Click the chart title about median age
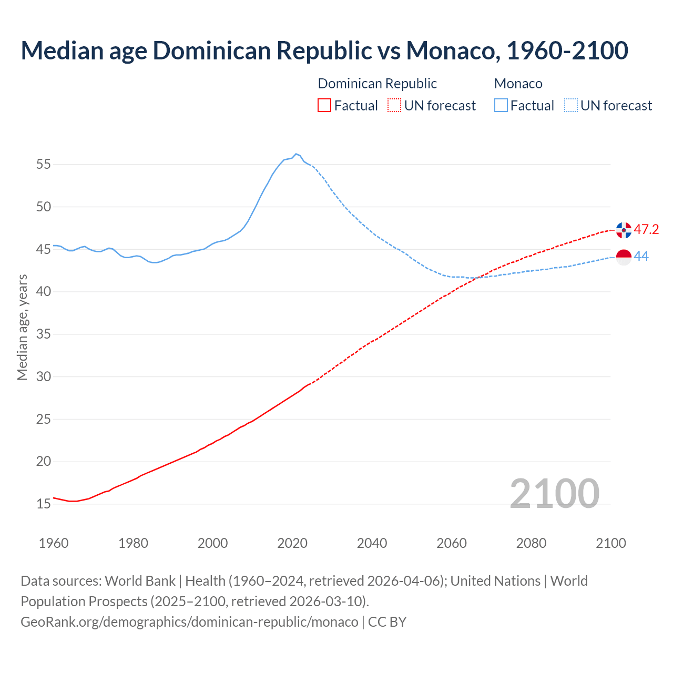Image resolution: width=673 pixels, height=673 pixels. [324, 50]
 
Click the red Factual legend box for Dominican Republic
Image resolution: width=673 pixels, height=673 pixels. [324, 106]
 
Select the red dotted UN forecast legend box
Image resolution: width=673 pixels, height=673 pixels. [394, 106]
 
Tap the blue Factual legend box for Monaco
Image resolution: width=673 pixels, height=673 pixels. [501, 106]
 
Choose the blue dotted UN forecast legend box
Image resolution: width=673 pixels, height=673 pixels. [571, 106]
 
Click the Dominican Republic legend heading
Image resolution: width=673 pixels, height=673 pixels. [377, 84]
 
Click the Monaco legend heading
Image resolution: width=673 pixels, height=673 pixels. [518, 84]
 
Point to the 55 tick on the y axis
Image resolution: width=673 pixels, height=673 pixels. [44, 164]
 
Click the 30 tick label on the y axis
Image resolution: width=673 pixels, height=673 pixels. [44, 376]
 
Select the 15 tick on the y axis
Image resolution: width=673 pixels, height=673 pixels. [44, 504]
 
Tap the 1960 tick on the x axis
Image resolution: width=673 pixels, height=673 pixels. [54, 543]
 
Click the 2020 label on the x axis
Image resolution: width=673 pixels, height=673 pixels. [292, 543]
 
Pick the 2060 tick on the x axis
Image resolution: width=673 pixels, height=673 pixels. [452, 543]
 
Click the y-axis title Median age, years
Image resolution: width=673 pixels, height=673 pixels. [22, 327]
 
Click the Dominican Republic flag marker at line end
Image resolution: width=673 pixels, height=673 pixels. [624, 230]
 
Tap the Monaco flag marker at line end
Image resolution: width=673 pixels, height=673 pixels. [624, 257]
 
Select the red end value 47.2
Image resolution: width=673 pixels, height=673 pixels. [646, 230]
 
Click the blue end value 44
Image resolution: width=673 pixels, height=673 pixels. [641, 257]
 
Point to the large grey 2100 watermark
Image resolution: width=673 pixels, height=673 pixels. [554, 493]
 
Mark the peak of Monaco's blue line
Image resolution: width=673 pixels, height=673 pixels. [296, 154]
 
